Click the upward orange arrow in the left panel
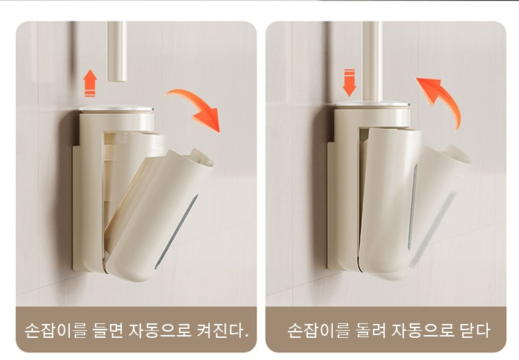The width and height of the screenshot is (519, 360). click(90, 83)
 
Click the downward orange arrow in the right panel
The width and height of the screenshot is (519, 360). click(349, 82)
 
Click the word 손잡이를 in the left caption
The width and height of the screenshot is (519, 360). click(55, 330)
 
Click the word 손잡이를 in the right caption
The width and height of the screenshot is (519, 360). click(318, 330)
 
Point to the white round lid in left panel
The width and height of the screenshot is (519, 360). click(116, 109)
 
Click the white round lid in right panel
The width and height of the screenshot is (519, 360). click(372, 104)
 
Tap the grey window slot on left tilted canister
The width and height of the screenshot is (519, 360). click(176, 231)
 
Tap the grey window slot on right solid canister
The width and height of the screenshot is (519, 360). click(412, 207)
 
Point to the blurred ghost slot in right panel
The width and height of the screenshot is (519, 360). click(432, 230)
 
